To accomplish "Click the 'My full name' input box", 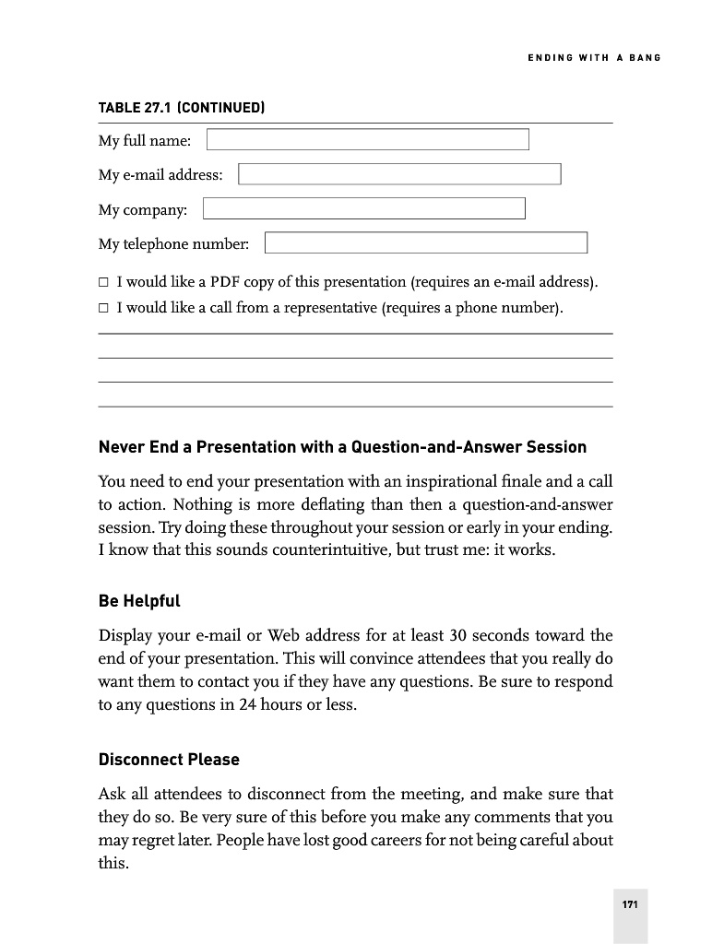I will (367, 139).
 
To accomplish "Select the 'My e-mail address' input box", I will (399, 174).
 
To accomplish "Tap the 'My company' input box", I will (363, 208).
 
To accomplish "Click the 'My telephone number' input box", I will (425, 242).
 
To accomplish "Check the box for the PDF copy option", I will (104, 282).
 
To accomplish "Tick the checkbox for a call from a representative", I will (104, 308).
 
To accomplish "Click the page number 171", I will (630, 904).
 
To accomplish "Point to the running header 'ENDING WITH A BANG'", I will (594, 58).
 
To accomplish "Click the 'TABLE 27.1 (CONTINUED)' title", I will (182, 108).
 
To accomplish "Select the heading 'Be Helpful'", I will (139, 601).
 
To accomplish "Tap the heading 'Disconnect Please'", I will (169, 760).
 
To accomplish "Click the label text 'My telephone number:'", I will (173, 244).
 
